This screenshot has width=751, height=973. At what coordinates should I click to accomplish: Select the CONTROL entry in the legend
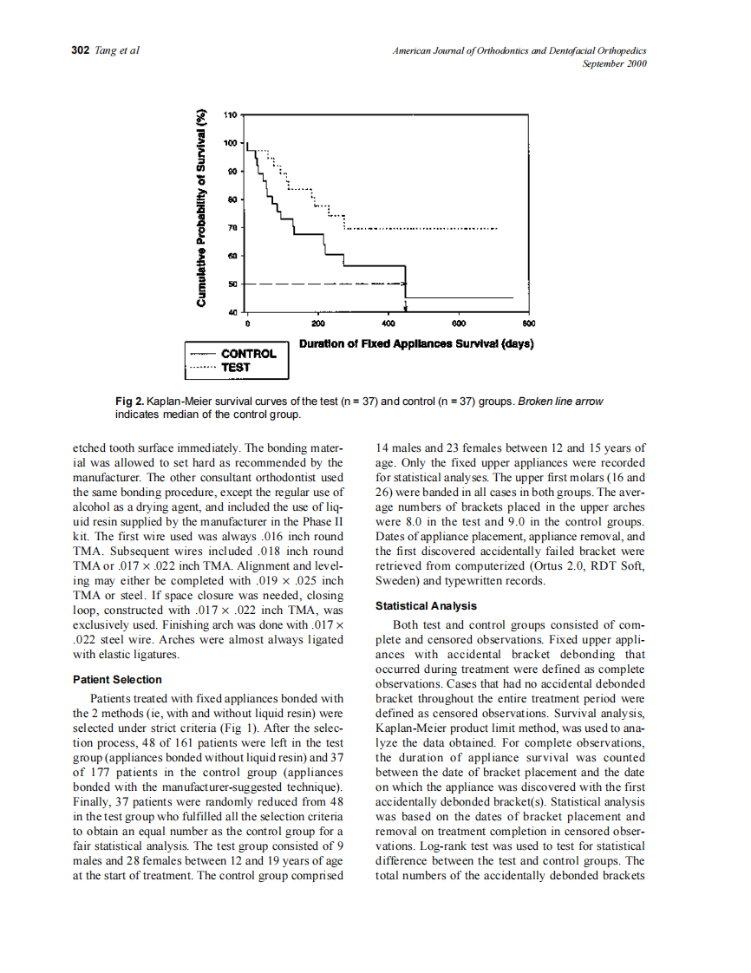248,354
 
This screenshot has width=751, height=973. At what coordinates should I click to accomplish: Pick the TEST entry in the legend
236,367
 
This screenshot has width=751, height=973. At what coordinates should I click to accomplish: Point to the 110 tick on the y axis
230,114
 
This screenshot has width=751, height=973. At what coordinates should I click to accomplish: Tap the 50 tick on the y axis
232,284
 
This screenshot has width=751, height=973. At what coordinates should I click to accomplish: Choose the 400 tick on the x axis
388,323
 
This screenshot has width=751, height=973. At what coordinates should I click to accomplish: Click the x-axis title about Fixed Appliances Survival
415,343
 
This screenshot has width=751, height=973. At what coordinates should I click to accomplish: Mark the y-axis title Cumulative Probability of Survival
202,207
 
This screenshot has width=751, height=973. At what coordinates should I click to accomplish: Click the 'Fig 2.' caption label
129,402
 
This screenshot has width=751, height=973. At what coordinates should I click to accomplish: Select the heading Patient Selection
117,680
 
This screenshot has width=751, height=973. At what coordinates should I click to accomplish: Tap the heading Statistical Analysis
426,606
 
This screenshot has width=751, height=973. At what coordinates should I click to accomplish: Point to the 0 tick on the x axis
247,323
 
